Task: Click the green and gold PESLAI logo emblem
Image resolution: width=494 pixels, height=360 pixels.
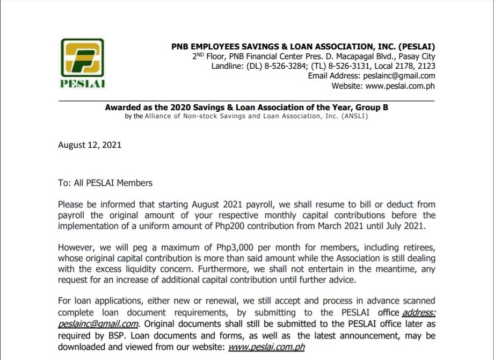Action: [x=82, y=58]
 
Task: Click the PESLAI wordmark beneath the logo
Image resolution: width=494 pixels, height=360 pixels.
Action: [x=82, y=84]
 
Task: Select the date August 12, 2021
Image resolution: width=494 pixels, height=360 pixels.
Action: [x=90, y=145]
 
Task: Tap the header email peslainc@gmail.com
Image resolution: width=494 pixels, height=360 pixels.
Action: [x=399, y=76]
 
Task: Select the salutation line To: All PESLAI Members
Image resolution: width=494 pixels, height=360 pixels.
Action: [x=105, y=183]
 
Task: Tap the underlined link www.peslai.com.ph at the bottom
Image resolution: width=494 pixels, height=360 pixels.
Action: [x=266, y=347]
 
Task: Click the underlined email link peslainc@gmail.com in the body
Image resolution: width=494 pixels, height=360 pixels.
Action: [x=99, y=325]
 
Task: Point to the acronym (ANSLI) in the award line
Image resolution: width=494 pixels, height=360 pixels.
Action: [x=354, y=116]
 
